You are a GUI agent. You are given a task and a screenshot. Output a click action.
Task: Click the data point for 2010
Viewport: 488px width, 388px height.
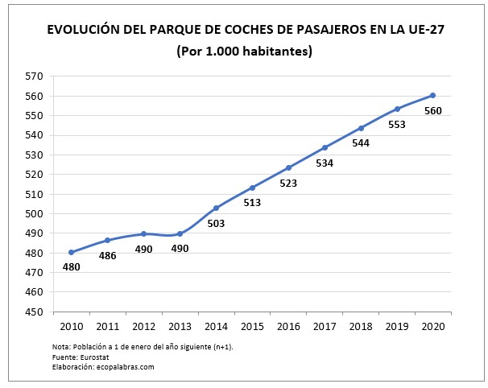tap(71, 252)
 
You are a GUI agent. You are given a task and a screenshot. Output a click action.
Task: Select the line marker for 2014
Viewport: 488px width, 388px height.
tap(216, 208)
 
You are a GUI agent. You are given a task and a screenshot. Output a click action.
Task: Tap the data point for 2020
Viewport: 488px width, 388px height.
tap(433, 96)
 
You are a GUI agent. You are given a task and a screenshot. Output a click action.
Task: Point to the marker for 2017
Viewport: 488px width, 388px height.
tap(325, 147)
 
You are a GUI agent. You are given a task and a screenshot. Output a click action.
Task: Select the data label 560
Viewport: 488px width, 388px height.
tap(432, 110)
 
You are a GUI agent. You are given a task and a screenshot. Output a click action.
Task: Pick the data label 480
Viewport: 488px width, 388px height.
tap(71, 266)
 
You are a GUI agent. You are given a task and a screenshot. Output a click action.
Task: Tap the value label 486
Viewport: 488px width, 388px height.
tap(107, 255)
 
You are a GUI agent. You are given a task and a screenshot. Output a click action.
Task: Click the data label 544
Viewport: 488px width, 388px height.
tap(361, 143)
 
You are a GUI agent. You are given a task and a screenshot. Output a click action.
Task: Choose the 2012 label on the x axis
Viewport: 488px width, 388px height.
tap(143, 326)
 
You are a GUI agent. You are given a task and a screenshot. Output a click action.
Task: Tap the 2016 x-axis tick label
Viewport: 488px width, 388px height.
tap(288, 326)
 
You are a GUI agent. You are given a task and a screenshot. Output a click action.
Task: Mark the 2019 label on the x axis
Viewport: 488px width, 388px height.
tap(397, 326)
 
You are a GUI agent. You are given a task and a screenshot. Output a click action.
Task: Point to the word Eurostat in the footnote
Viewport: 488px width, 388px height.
tap(84, 357)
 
